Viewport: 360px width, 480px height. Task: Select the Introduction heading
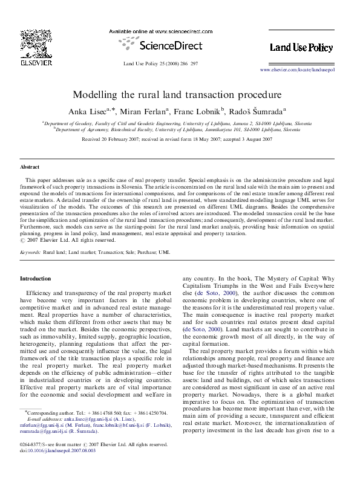coord(36,279)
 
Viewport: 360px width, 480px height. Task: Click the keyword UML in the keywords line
coord(163,250)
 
